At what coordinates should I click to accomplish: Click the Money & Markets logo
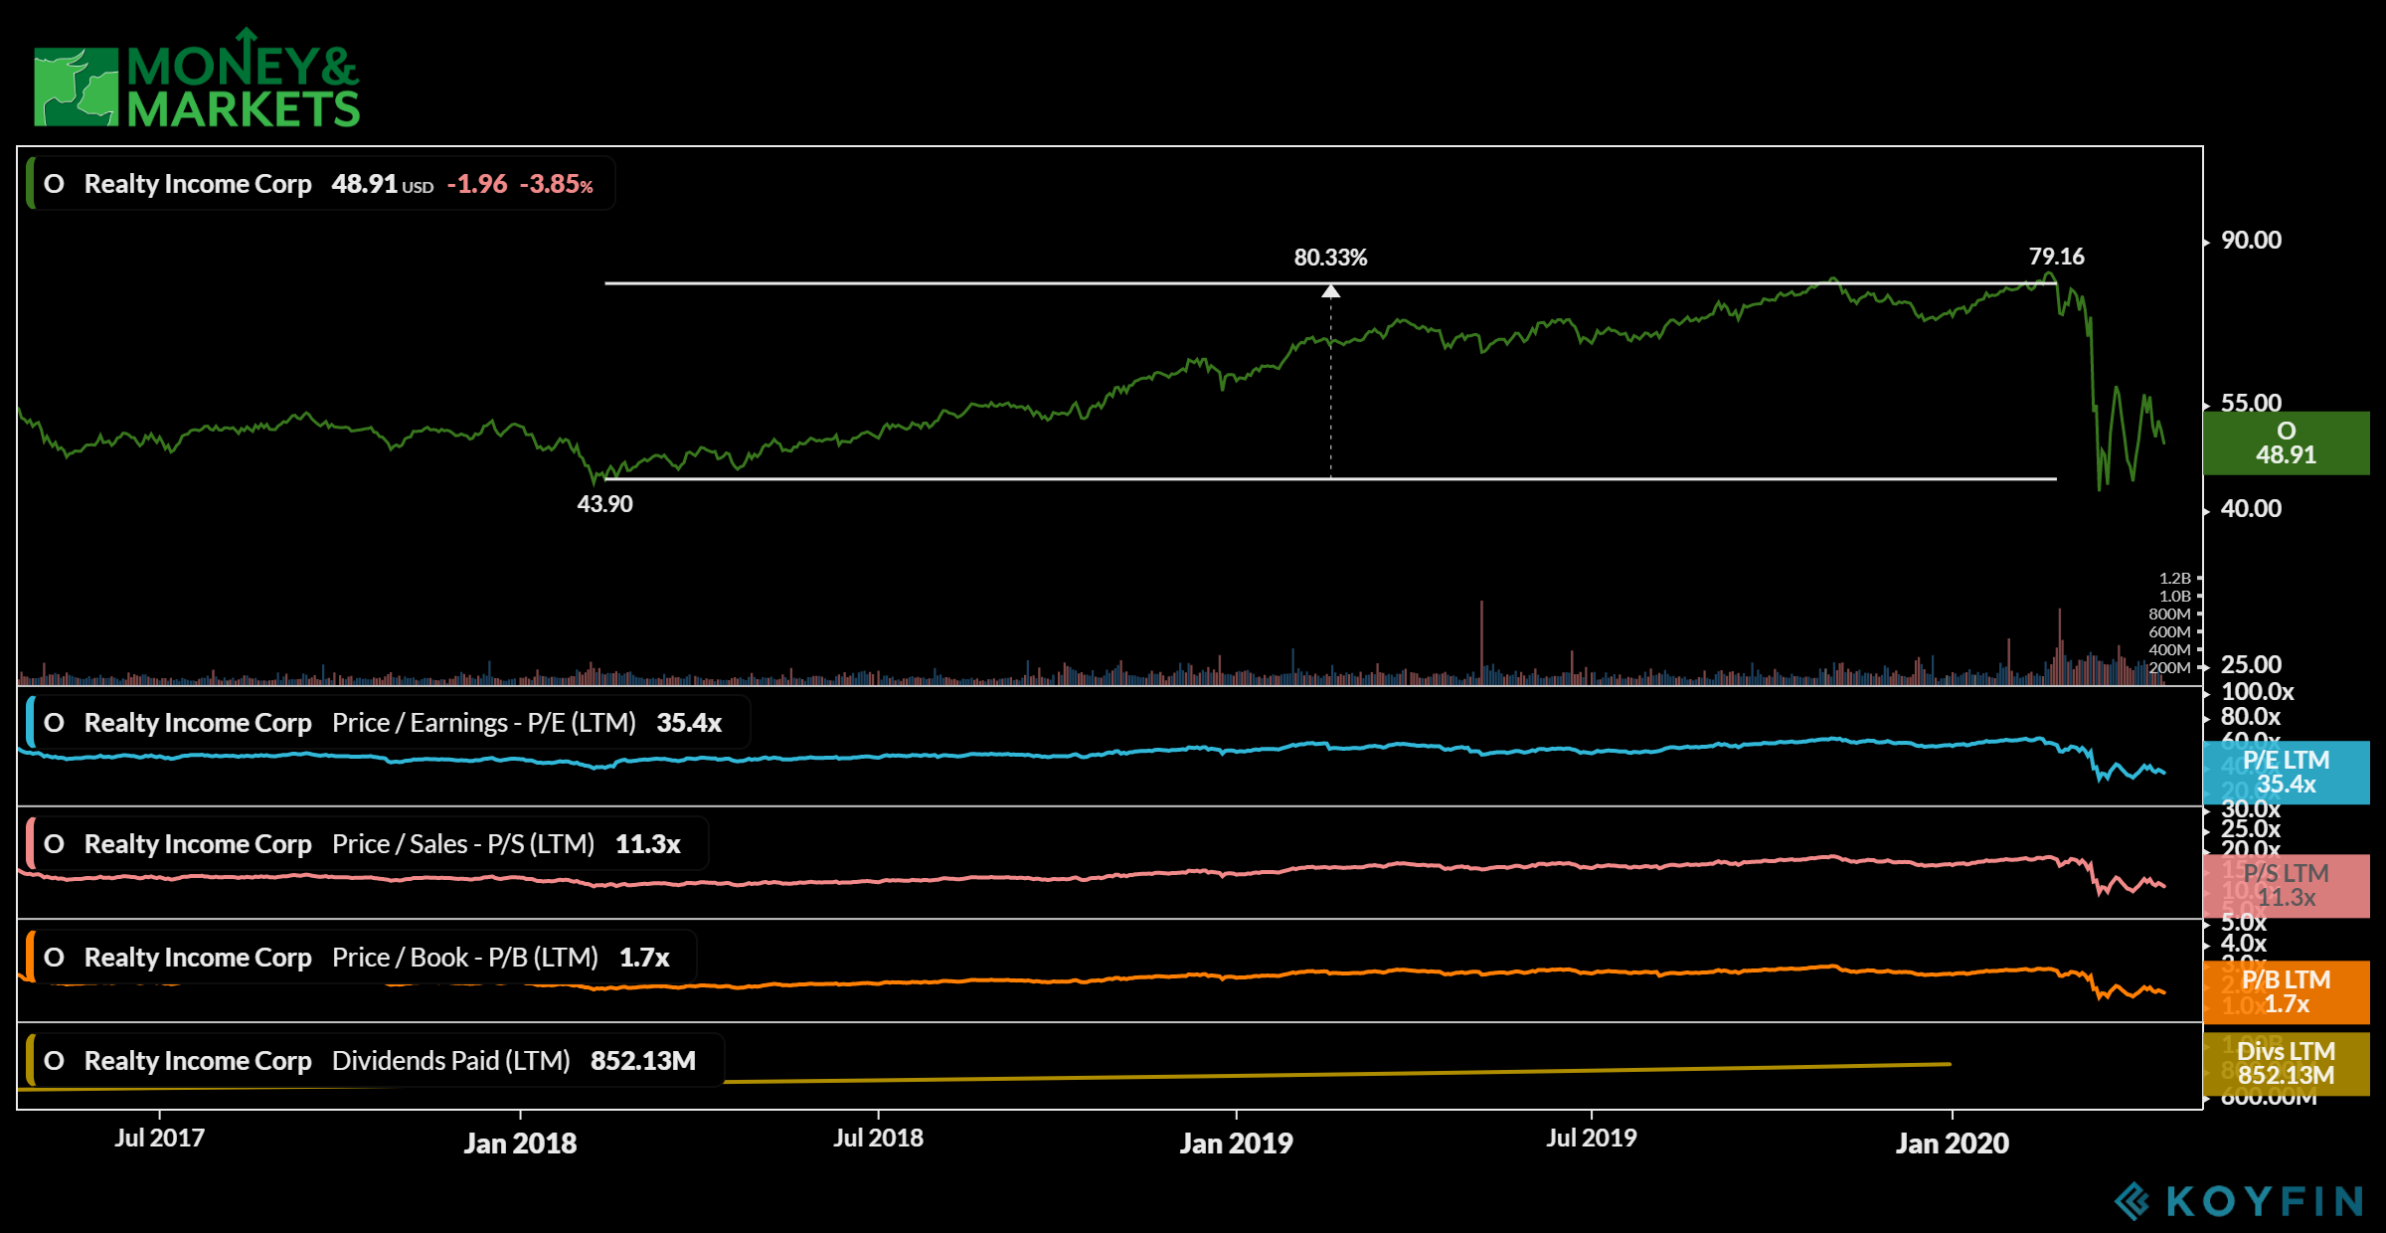(x=197, y=80)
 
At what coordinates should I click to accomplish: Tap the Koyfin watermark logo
(x=2237, y=1201)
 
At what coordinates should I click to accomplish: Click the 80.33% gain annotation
(x=1330, y=258)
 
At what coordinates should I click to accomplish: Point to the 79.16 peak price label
(x=2056, y=257)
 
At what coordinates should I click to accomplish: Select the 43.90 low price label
(x=604, y=504)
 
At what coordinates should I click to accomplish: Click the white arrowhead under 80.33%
(x=1330, y=290)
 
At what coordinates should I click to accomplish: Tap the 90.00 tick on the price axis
(x=2251, y=241)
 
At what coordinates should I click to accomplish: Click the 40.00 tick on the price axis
(x=2251, y=509)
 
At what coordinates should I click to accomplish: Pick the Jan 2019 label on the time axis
(x=1236, y=1144)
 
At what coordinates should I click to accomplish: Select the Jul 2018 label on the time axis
(x=878, y=1139)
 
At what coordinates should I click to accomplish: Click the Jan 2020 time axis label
(x=1952, y=1144)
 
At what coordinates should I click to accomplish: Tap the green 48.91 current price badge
(x=2286, y=443)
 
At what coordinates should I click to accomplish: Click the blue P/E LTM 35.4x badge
(x=2286, y=773)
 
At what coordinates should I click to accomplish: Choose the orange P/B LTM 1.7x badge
(x=2286, y=992)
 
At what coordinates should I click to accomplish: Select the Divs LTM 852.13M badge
(x=2286, y=1063)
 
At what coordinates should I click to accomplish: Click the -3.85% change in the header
(x=557, y=185)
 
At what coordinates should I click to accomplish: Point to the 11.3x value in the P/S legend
(x=647, y=845)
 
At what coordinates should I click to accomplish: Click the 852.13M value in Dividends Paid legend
(x=642, y=1061)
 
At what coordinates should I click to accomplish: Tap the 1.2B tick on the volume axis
(x=2174, y=578)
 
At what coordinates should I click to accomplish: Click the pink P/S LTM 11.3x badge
(x=2286, y=886)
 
